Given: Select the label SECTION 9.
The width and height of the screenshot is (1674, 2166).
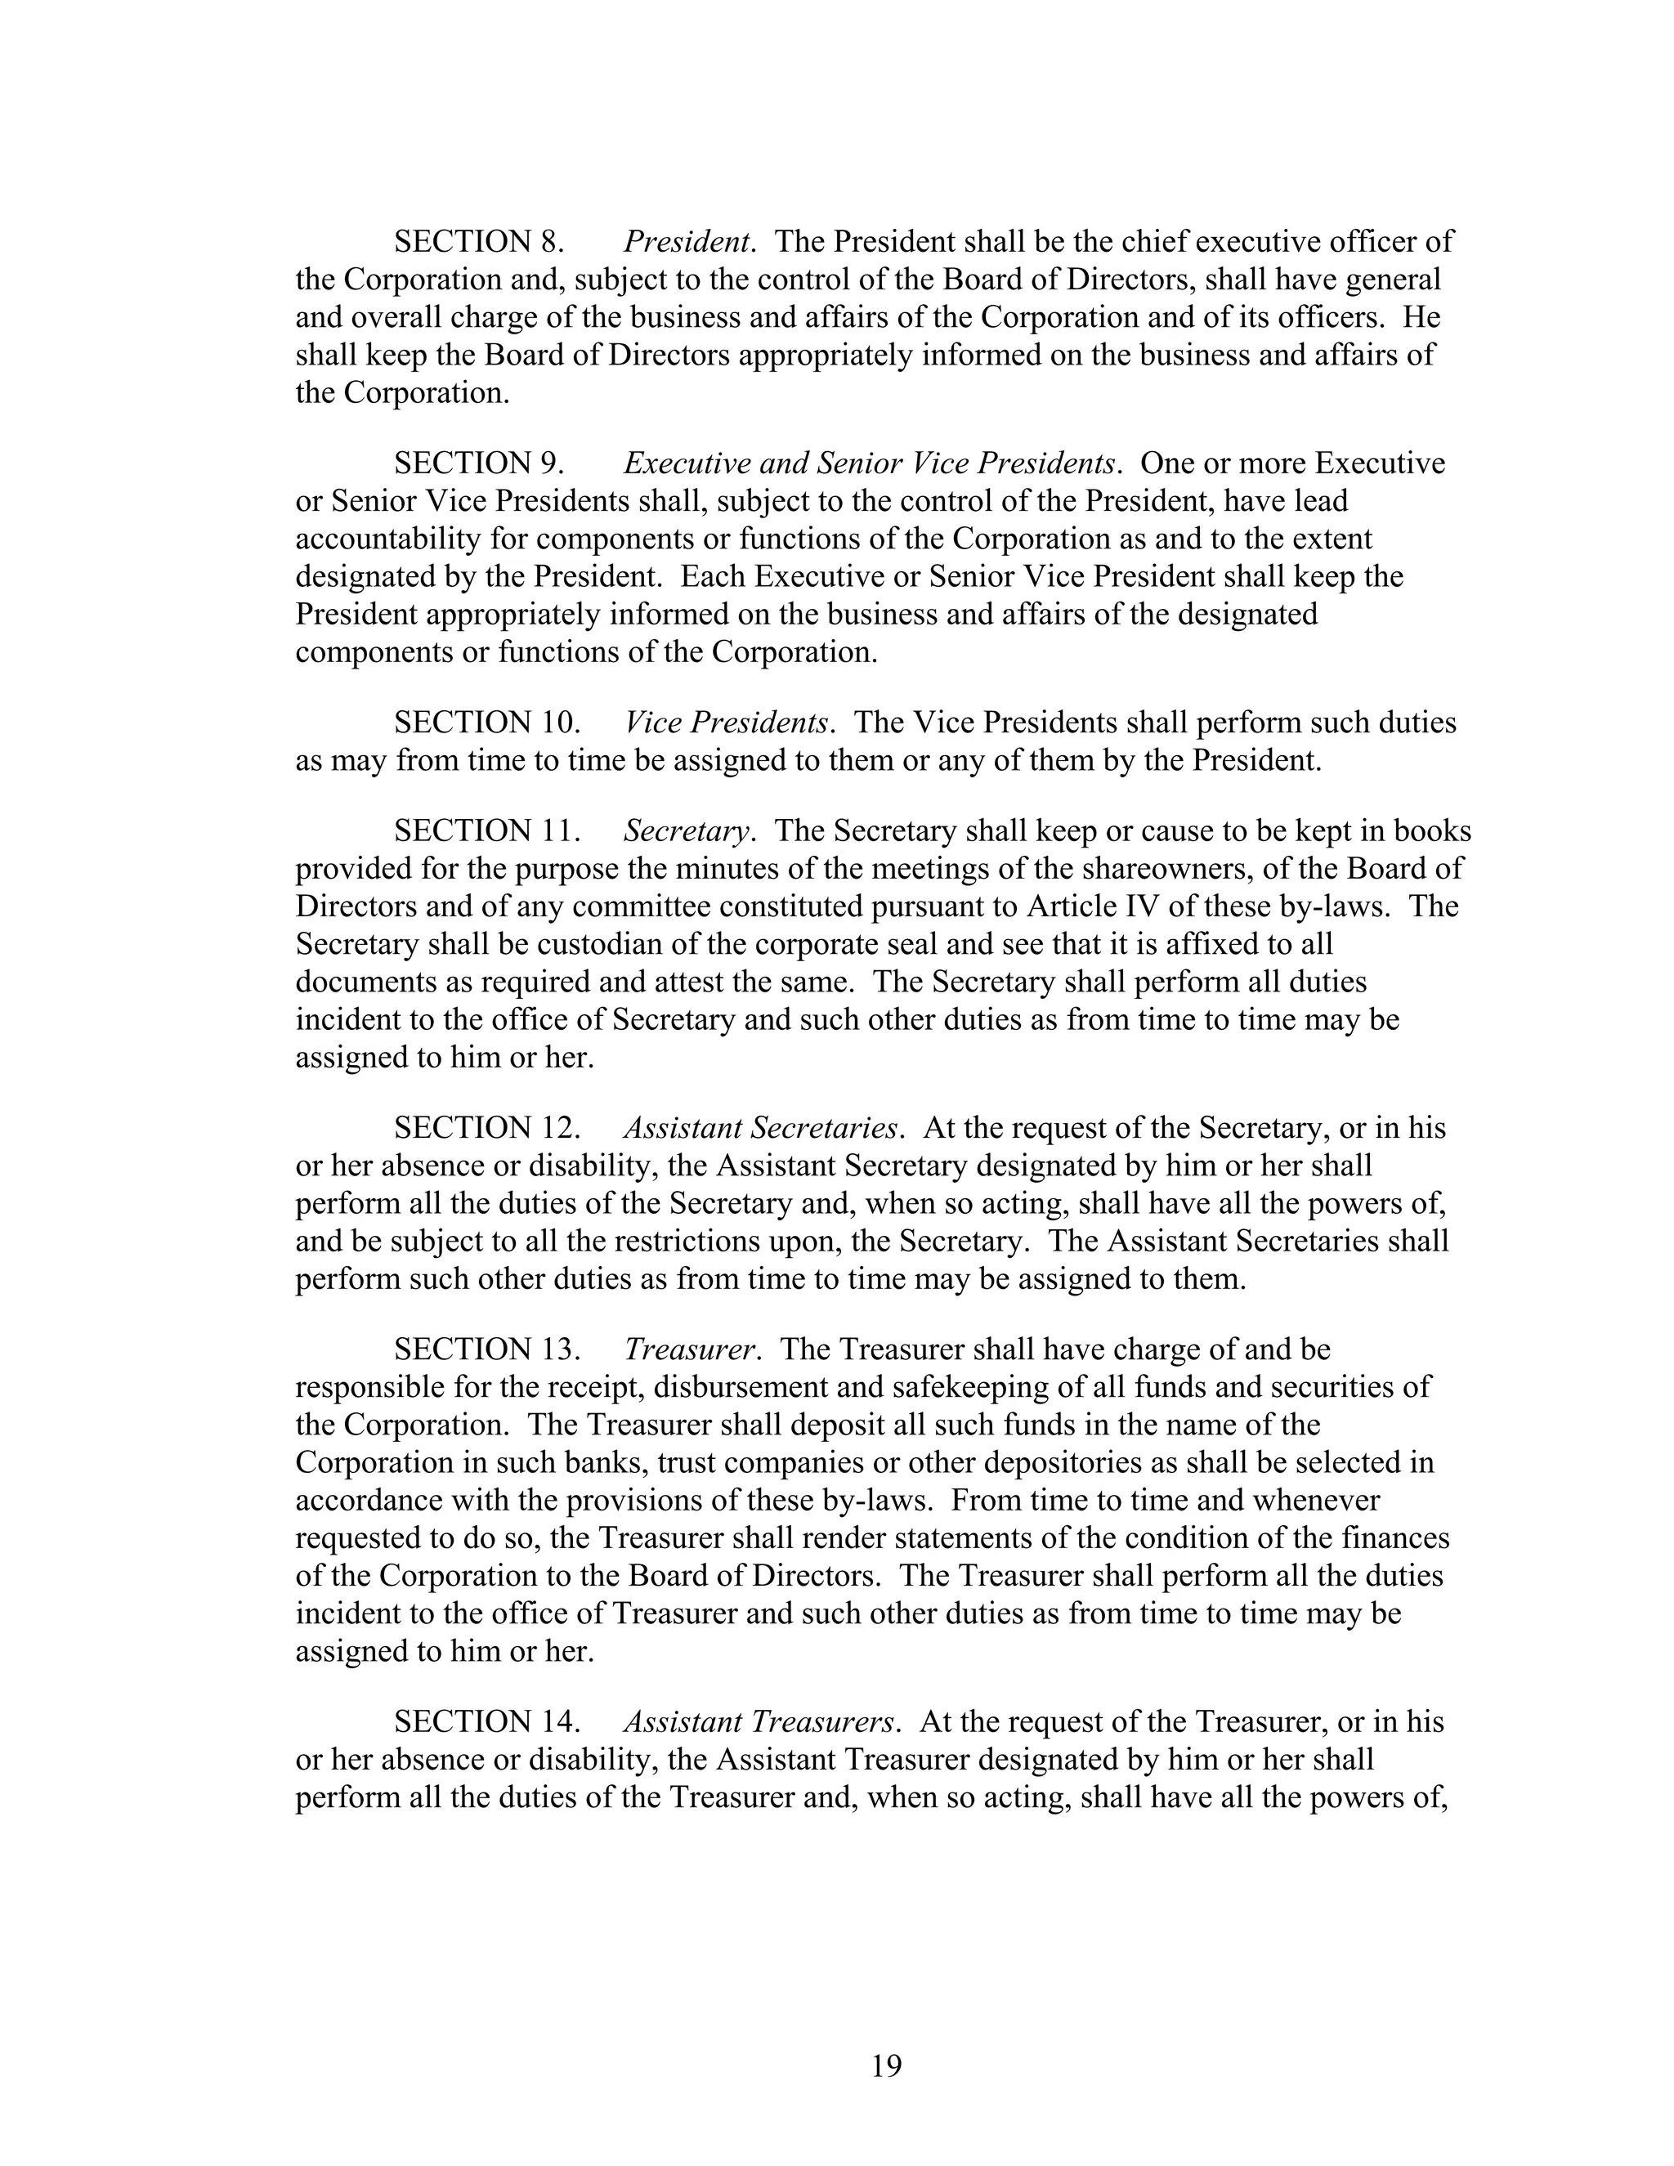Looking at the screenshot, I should [479, 464].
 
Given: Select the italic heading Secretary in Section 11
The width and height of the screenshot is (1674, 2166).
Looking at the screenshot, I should [685, 831].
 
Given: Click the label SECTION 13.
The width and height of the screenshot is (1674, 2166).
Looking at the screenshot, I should [487, 1349].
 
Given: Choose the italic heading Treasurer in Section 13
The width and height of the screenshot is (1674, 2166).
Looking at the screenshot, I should [690, 1349].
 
